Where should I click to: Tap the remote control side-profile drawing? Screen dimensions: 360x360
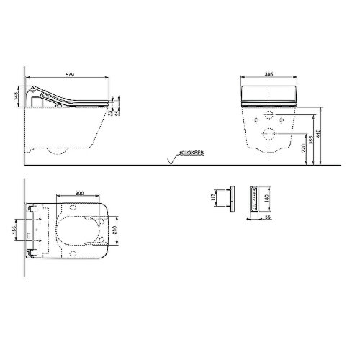232,197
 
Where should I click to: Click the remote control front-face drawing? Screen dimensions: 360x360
253,197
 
